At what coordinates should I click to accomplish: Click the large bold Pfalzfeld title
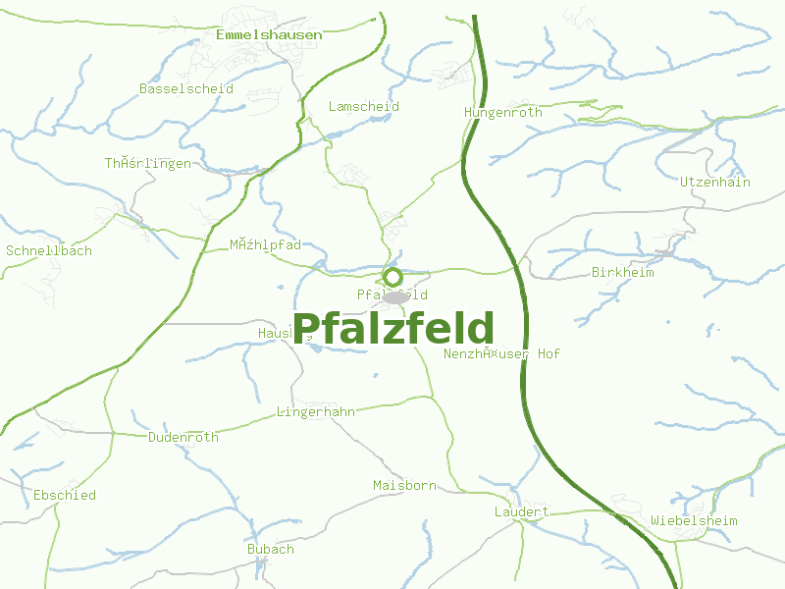tap(393, 329)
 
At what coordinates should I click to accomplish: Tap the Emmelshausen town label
tap(268, 34)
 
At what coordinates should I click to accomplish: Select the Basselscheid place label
tap(186, 88)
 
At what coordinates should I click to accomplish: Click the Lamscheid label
tap(363, 106)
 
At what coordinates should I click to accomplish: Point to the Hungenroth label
tap(502, 113)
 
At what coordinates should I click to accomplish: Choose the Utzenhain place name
tap(714, 182)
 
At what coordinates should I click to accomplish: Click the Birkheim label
tap(622, 272)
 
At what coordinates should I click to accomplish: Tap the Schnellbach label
tap(49, 250)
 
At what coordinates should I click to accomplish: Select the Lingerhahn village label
tap(315, 412)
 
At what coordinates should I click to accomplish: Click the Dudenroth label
tap(183, 437)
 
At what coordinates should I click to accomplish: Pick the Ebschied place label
tap(64, 495)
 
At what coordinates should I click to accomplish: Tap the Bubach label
tap(270, 549)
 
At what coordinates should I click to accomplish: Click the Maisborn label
tap(404, 485)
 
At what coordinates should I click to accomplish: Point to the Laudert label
tap(521, 512)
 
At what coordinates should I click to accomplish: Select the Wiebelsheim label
tap(694, 520)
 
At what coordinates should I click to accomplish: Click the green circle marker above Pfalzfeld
tap(392, 277)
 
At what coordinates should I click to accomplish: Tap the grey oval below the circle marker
tap(395, 297)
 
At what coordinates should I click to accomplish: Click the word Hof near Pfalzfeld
tap(549, 353)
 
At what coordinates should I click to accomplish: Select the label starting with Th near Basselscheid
tap(147, 163)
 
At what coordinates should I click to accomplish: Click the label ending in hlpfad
tap(265, 243)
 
